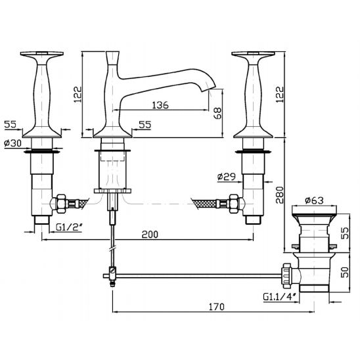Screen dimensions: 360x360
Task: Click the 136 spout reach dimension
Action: pos(160,105)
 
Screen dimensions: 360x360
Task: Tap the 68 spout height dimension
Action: pos(217,113)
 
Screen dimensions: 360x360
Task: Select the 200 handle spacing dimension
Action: pos(150,235)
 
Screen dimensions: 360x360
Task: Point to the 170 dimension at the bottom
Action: pos(216,307)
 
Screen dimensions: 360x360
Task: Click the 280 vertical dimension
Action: pos(280,194)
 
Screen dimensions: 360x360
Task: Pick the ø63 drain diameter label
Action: pos(314,200)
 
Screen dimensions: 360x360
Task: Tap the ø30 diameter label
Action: pos(13,143)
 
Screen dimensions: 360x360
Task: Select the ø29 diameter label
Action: pos(227,177)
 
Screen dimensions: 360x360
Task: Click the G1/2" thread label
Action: pos(69,227)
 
